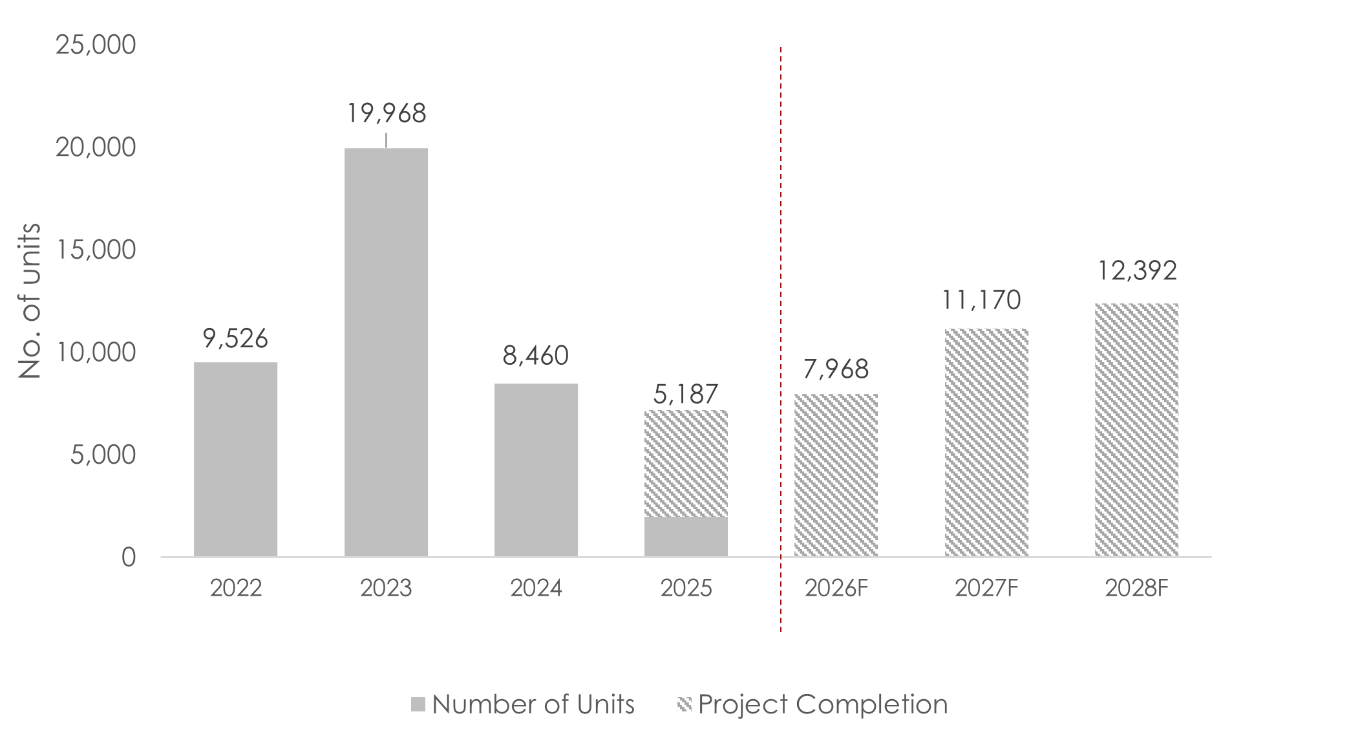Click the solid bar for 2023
point(386,352)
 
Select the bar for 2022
point(235,459)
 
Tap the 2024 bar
point(536,470)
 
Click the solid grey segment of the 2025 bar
point(686,537)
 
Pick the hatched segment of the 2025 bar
point(686,464)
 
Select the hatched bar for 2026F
point(836,475)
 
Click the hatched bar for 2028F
point(1136,430)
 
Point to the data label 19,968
point(387,114)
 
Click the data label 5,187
point(686,394)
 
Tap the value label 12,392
point(1137,271)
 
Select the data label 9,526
point(235,338)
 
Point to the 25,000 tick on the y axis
point(96,45)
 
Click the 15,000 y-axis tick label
point(96,250)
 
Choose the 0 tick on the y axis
point(129,557)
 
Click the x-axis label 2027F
point(986,588)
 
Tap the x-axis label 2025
point(686,588)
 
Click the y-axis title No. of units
point(30,301)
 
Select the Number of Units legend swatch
point(418,704)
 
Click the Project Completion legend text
point(823,704)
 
